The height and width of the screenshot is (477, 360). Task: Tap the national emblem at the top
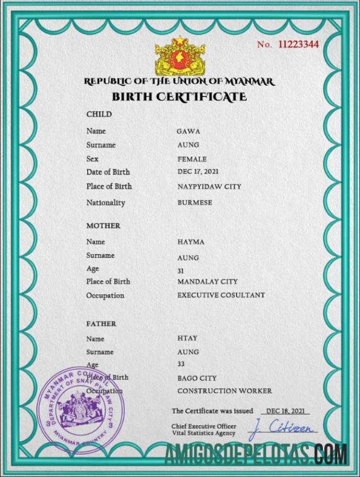tap(180, 57)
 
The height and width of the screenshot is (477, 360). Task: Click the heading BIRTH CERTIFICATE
tap(179, 96)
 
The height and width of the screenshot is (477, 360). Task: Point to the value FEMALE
tap(192, 159)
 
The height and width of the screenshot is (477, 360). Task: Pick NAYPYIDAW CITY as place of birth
tap(209, 187)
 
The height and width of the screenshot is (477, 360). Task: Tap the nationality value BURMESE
tap(195, 203)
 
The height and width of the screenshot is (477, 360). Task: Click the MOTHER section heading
tap(103, 226)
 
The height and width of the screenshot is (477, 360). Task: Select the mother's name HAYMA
tap(191, 242)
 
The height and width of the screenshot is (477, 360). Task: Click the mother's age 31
tap(182, 270)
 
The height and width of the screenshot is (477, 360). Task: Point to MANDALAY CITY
tap(207, 282)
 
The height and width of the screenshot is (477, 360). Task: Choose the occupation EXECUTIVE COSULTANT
tap(221, 295)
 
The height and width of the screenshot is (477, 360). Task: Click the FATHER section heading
tap(101, 323)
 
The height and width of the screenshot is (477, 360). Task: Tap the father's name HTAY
tap(187, 338)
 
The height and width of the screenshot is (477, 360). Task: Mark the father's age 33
tap(182, 364)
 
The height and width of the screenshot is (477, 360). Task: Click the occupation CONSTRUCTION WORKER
tap(220, 391)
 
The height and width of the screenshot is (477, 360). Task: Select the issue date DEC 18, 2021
tap(285, 411)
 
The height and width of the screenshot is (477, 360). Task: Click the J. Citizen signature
tap(282, 430)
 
